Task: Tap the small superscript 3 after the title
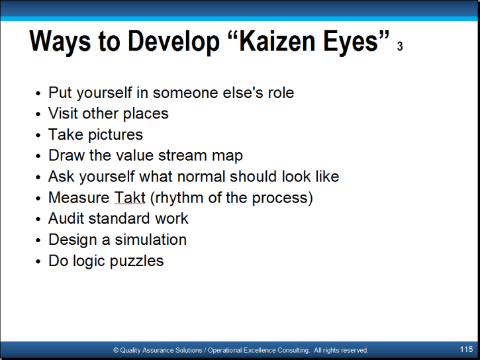point(400,46)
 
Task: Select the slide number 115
point(466,349)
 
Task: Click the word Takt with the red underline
point(130,198)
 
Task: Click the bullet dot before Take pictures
point(38,135)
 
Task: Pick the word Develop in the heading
point(173,42)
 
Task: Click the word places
point(146,114)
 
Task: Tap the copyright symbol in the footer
point(116,350)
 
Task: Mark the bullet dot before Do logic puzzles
point(38,261)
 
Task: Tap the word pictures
point(115,135)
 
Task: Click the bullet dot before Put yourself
point(38,93)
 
